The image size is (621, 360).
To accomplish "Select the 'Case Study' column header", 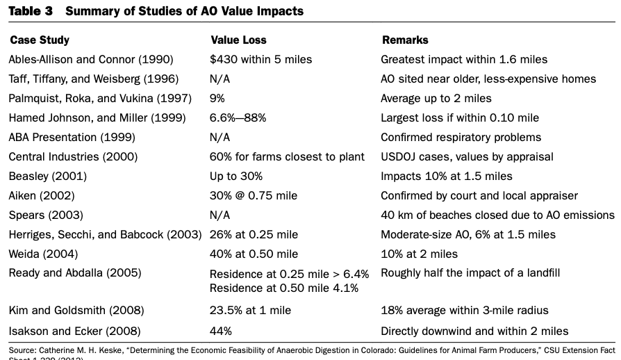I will click(40, 40).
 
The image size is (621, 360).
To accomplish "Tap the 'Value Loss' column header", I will click(238, 40).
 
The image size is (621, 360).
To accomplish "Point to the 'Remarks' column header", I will click(405, 40).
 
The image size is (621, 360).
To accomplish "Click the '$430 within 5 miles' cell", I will click(260, 60).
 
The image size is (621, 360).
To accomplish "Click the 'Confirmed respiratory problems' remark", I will click(461, 138).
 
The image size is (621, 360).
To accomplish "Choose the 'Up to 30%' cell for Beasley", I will click(236, 177).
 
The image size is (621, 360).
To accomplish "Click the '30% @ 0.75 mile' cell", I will click(254, 196).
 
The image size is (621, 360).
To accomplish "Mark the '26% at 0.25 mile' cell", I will click(254, 235).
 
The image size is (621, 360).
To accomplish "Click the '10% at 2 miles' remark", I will click(419, 254).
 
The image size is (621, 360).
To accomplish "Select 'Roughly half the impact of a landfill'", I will click(470, 273).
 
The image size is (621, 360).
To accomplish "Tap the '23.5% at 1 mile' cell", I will click(250, 310).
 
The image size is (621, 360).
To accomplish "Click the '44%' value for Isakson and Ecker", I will click(221, 331).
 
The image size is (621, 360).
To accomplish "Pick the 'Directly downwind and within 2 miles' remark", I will click(474, 331).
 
